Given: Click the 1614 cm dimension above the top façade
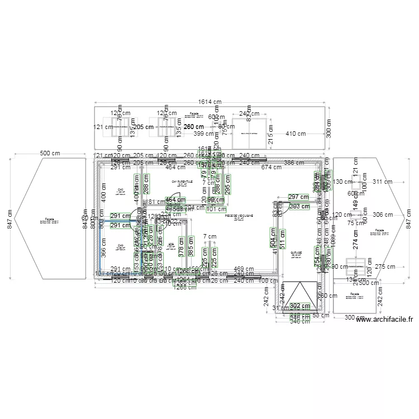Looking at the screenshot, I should tap(209, 102).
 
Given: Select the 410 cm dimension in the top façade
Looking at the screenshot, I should tap(296, 134).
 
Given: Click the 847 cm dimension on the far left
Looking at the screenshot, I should tap(8, 219).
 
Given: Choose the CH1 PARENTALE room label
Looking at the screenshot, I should tap(182, 182).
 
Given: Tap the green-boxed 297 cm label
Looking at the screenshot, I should tap(299, 197).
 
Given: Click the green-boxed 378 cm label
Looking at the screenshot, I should tap(181, 245).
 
